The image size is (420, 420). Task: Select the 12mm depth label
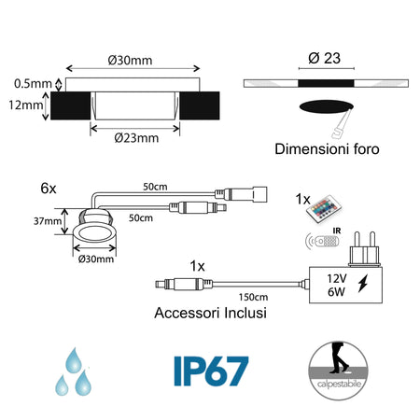[x=25, y=105]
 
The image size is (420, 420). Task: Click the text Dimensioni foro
[x=327, y=148]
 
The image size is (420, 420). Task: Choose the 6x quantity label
[x=49, y=187]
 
